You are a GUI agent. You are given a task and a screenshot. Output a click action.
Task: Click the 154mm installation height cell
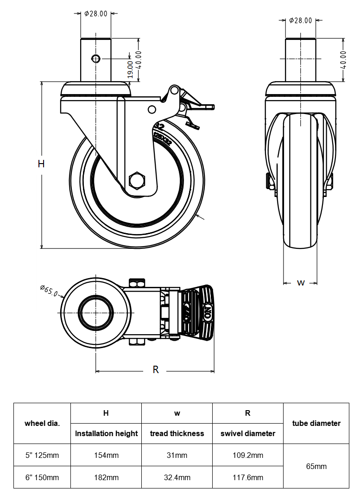coord(106,455)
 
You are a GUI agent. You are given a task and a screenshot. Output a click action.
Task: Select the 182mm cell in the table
coord(106,477)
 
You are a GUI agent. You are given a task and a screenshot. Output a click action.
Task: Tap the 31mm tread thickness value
coord(177,455)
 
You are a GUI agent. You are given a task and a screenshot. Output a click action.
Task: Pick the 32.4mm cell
coord(177,477)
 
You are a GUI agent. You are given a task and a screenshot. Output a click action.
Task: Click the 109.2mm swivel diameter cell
coord(247,455)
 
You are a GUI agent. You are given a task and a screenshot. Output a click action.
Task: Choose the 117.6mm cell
coord(247,477)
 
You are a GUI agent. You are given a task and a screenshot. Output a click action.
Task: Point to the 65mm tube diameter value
coord(316,466)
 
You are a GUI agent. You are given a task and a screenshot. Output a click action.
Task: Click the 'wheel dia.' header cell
coord(42,423)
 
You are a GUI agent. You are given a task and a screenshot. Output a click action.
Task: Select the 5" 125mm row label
coord(42,455)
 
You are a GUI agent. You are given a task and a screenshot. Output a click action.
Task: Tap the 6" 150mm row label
coord(42,477)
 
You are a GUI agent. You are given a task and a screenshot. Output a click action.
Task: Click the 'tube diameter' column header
coord(316,423)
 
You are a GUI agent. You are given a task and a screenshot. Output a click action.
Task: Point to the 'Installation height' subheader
coord(106,434)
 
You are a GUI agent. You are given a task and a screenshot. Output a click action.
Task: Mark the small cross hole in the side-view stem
coord(96,58)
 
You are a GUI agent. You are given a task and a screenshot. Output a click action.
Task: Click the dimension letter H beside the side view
coord(41,164)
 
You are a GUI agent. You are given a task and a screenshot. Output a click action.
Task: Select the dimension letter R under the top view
coord(156,370)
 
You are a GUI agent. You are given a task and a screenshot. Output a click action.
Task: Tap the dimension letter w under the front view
coord(301,282)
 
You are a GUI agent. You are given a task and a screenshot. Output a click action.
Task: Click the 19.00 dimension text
coord(130,70)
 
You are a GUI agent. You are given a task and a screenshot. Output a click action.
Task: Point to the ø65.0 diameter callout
coord(49,291)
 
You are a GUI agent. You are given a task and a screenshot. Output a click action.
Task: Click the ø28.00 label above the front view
coord(300,20)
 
